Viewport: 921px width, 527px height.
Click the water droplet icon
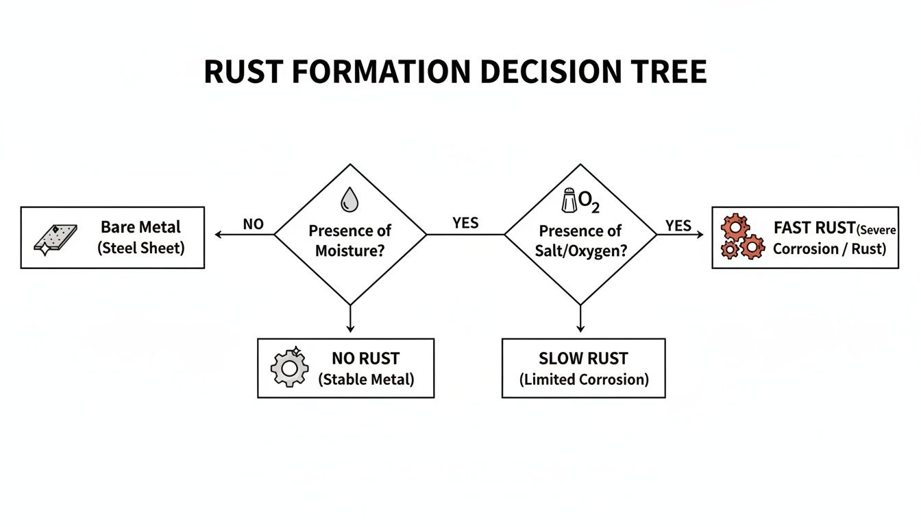[x=349, y=200]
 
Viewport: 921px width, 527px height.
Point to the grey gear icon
[x=290, y=368]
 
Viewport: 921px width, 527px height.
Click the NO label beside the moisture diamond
[x=253, y=224]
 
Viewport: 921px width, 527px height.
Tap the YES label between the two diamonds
[x=465, y=223]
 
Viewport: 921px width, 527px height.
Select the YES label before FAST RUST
[x=678, y=226]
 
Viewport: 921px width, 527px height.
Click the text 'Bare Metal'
[x=140, y=227]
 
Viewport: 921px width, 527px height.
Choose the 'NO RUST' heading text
[x=365, y=358]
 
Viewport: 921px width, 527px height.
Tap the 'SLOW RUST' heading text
[x=583, y=358]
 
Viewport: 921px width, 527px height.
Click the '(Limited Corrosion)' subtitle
[x=583, y=379]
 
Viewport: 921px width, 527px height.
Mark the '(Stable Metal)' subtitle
[x=366, y=379]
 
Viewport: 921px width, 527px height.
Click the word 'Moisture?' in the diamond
[x=349, y=250]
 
